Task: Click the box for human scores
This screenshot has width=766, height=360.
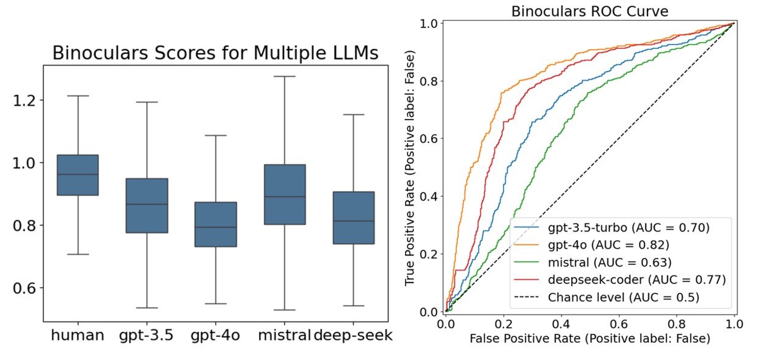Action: [78, 175]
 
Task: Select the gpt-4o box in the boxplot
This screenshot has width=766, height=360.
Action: [216, 224]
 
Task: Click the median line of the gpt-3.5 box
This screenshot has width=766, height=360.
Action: [147, 204]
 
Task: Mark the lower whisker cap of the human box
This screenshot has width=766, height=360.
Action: [78, 254]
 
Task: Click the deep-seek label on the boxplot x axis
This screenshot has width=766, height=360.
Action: [352, 336]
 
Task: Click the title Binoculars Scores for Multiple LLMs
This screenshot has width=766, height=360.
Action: [215, 53]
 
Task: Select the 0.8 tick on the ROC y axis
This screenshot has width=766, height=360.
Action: [431, 81]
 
